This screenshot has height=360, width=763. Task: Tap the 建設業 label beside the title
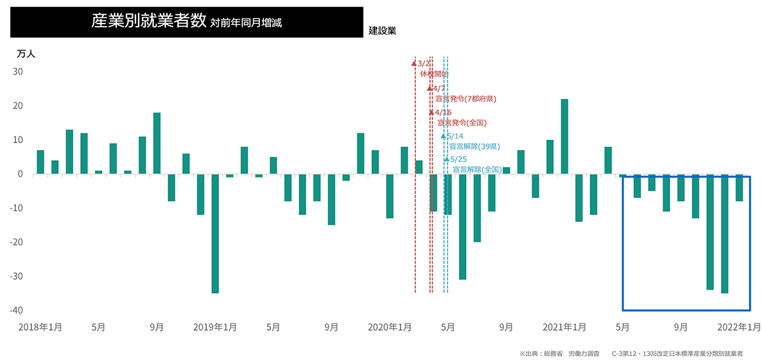coord(382,31)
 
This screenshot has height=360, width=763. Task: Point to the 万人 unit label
coord(26,54)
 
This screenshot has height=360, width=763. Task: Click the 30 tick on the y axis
coord(18,72)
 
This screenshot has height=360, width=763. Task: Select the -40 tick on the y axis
coord(17,310)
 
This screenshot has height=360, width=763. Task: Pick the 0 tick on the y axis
coord(20,174)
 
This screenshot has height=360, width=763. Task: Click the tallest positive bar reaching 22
coord(564,136)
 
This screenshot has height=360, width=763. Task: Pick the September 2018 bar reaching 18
coord(157,143)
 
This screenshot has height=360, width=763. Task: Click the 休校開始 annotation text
coord(434,74)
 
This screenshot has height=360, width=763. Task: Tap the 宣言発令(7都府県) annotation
coord(465,99)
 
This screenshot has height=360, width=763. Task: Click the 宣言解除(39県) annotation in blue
coord(474,146)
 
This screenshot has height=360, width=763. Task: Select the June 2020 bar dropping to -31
coord(462,226)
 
